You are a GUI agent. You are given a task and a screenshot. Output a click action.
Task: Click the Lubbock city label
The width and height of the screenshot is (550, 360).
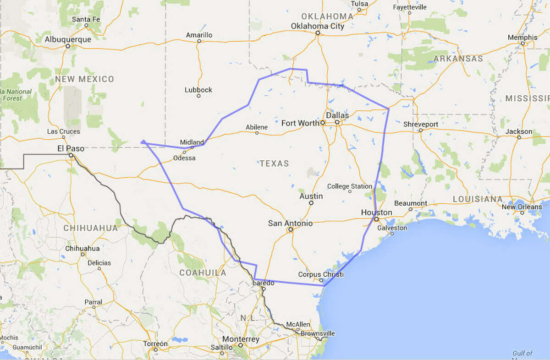(198, 90)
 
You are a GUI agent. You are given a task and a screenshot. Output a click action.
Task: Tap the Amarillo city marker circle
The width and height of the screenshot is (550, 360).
(199, 41)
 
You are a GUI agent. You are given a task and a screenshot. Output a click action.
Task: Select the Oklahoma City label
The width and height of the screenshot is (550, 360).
(318, 26)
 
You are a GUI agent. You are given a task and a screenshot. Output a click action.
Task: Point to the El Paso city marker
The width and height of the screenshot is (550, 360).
(71, 155)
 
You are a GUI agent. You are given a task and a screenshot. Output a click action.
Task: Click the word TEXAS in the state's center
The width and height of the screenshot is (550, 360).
(275, 164)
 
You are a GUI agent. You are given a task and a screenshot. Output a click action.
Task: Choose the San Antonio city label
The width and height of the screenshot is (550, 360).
(290, 223)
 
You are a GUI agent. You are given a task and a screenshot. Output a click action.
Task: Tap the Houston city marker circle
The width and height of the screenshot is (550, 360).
(376, 219)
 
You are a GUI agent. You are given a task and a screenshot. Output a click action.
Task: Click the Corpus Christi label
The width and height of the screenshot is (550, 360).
(321, 274)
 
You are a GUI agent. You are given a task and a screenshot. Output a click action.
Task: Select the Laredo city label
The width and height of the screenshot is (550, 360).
(264, 283)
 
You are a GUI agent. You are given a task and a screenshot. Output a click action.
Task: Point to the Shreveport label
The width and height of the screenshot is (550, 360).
(421, 124)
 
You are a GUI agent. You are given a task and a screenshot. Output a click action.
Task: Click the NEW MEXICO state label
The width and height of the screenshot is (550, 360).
(84, 79)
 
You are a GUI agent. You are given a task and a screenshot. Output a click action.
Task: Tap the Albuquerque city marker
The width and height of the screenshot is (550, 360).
(67, 46)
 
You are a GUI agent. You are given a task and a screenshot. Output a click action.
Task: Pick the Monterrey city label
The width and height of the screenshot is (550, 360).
(241, 339)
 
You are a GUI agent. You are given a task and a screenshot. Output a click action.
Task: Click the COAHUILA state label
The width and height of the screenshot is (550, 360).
(203, 273)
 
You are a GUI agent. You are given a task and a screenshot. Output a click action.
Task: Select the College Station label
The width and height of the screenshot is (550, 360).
(350, 186)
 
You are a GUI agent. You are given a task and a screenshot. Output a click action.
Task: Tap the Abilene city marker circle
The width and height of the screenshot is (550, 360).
(257, 133)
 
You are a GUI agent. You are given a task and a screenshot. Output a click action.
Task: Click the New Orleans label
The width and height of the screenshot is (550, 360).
(522, 207)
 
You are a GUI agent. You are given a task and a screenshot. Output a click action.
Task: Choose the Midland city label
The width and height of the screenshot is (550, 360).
(192, 142)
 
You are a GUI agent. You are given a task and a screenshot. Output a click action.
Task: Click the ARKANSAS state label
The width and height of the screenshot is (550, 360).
(458, 59)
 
